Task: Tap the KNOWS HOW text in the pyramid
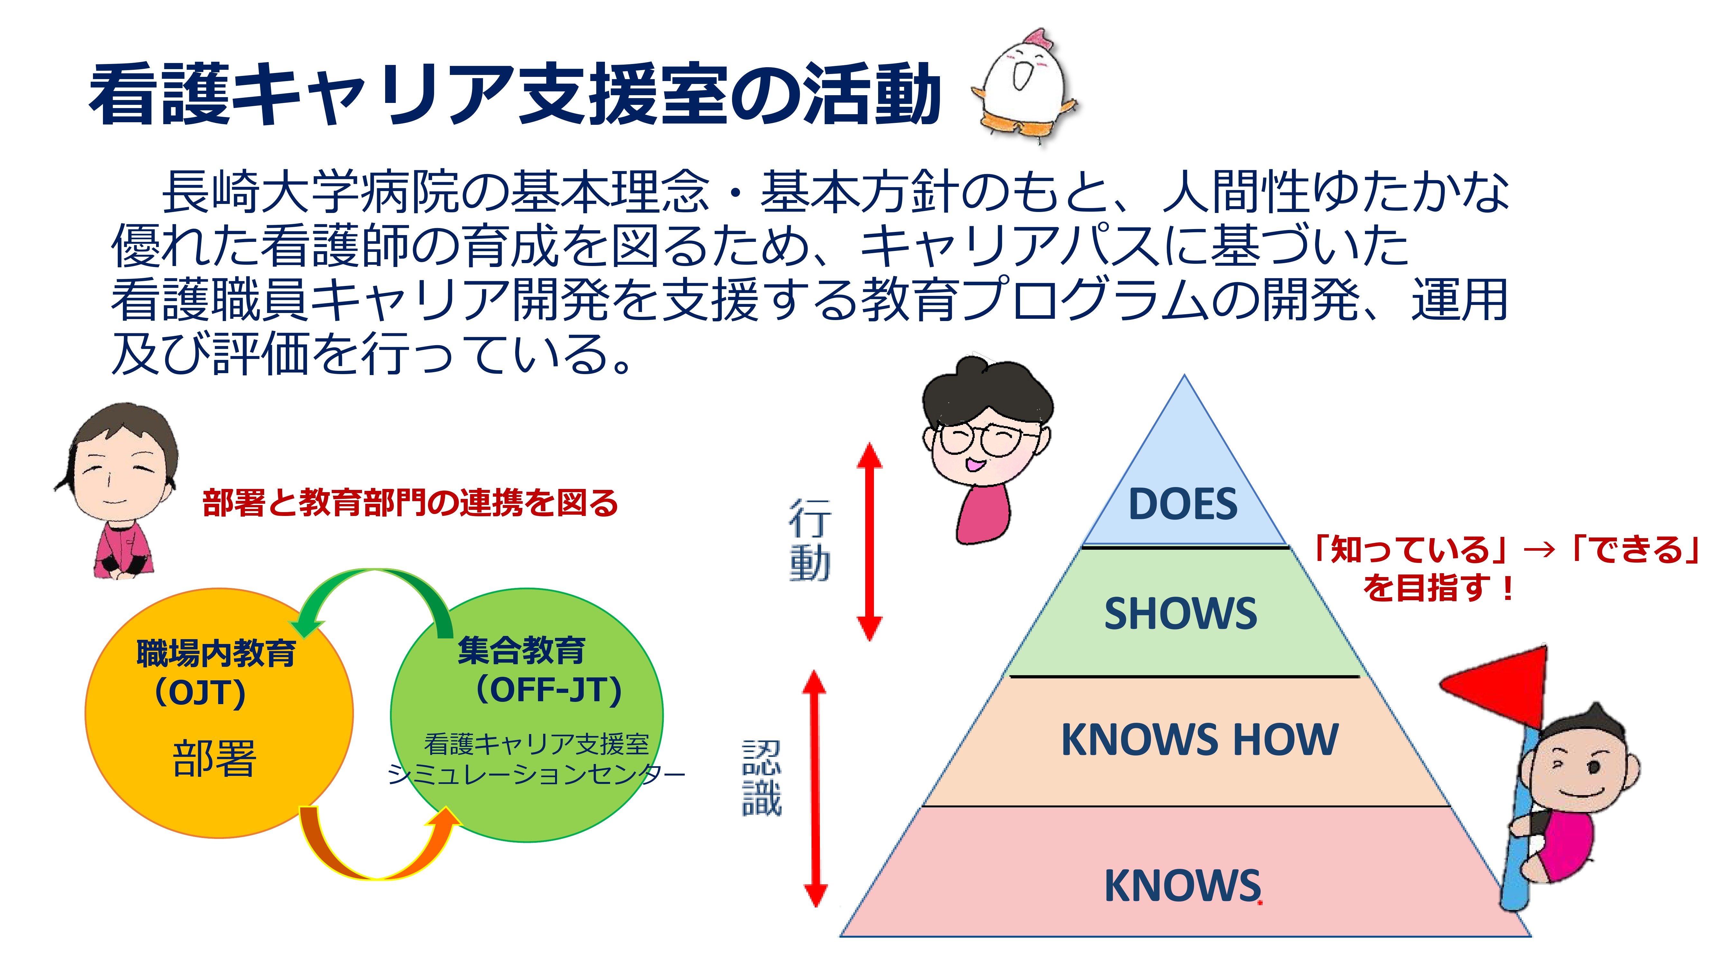(1199, 739)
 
